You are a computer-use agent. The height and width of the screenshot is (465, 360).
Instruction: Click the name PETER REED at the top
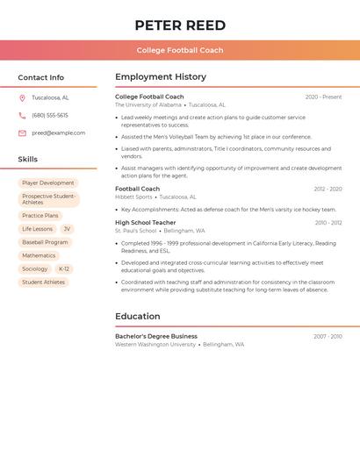point(180,25)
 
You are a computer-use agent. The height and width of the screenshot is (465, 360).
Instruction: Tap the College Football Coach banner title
point(180,51)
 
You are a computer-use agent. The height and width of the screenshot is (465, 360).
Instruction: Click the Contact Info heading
point(40,77)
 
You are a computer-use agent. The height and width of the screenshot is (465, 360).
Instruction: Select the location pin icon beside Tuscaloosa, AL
point(22,98)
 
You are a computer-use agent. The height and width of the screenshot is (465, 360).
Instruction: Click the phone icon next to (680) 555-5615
point(22,116)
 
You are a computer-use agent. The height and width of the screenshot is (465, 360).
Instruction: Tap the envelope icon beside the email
point(22,133)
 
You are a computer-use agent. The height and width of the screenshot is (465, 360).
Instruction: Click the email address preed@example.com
point(59,133)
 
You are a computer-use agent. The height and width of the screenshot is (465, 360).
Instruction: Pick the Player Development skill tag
point(48,183)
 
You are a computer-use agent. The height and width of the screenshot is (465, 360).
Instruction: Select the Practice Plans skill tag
point(40,216)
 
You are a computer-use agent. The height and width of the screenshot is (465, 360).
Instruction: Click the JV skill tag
point(67,229)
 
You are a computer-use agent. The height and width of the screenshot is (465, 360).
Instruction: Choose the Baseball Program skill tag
point(45,242)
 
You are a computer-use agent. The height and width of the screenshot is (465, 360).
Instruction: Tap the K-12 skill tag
point(64,269)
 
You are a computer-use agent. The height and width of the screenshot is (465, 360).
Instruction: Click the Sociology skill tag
point(35,269)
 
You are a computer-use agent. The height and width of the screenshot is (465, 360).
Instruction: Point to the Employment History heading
point(161,77)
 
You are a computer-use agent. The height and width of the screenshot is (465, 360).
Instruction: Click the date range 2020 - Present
point(323,97)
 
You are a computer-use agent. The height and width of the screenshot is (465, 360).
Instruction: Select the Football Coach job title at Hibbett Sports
point(137,189)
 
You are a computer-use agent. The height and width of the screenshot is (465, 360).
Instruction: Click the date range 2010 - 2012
point(328,223)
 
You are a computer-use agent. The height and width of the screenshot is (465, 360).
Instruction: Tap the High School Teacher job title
point(146,223)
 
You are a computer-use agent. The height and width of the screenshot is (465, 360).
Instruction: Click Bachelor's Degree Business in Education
point(156,336)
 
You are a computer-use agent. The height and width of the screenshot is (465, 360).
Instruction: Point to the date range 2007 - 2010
point(328,336)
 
